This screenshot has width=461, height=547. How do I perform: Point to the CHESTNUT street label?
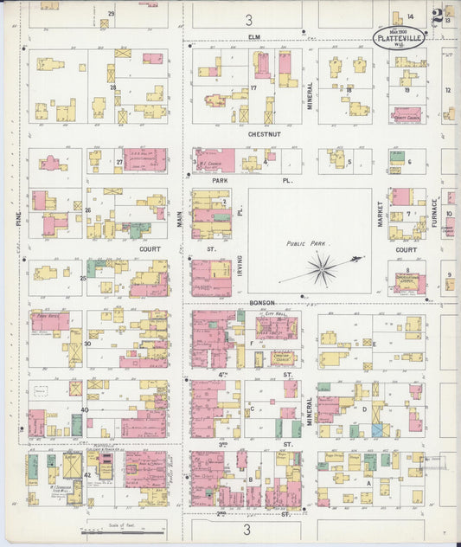point(253,135)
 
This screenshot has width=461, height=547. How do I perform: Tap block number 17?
point(253,88)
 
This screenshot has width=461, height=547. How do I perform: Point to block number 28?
point(112,87)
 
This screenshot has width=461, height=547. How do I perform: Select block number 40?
point(84,409)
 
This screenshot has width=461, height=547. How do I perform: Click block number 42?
point(88,475)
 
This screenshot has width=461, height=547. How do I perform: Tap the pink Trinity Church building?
point(406,113)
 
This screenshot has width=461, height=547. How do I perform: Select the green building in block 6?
point(396,158)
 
